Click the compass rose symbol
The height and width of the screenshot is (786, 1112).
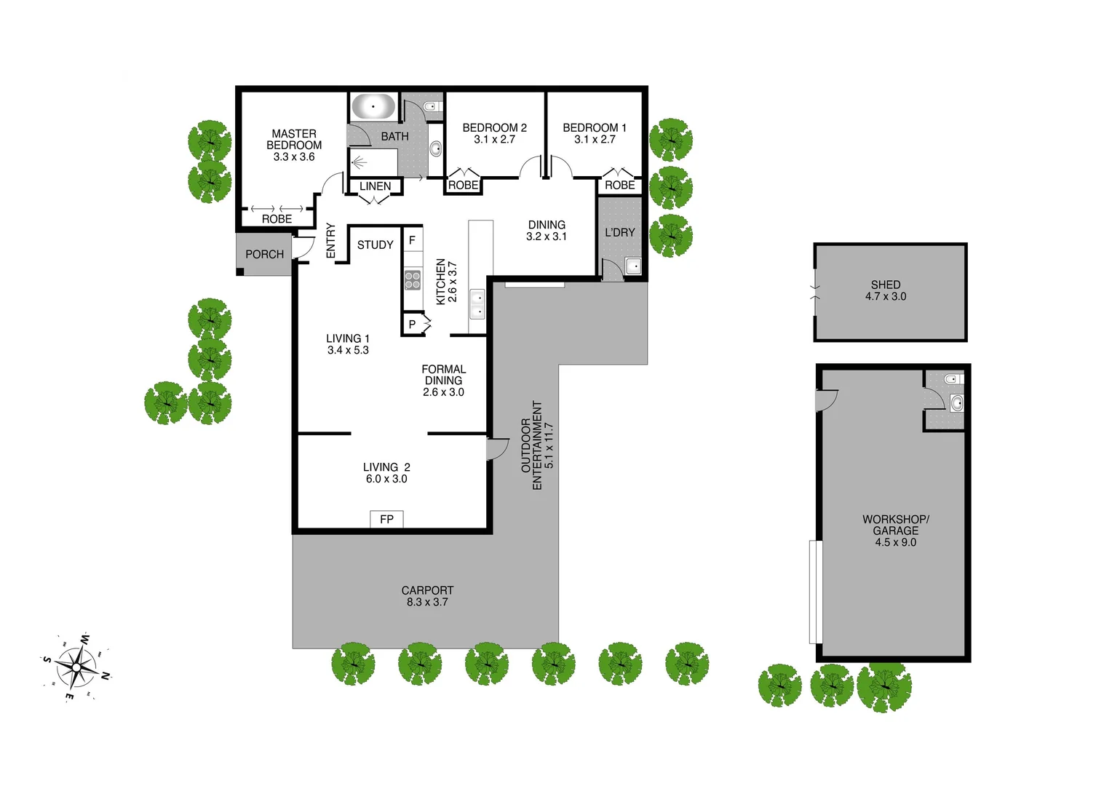[76, 667]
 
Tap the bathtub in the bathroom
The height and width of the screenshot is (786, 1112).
[373, 107]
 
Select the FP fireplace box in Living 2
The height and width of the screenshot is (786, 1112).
[386, 519]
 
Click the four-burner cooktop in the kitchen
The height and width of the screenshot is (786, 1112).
[413, 279]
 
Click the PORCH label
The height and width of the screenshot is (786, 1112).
[264, 254]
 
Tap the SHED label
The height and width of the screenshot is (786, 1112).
[886, 285]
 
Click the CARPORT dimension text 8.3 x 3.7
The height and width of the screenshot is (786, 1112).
[427, 602]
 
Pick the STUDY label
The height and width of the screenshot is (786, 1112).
[375, 245]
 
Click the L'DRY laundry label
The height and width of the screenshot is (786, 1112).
[620, 232]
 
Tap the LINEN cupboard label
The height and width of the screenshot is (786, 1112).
[375, 186]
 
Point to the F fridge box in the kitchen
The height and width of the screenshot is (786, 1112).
[412, 240]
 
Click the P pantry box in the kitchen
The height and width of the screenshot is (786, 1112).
[412, 325]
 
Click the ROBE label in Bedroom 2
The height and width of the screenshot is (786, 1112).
[463, 185]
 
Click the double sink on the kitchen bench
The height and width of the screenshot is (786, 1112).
[477, 304]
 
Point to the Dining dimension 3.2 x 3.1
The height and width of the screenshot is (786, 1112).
[547, 237]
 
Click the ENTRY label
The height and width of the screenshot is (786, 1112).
[331, 240]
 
